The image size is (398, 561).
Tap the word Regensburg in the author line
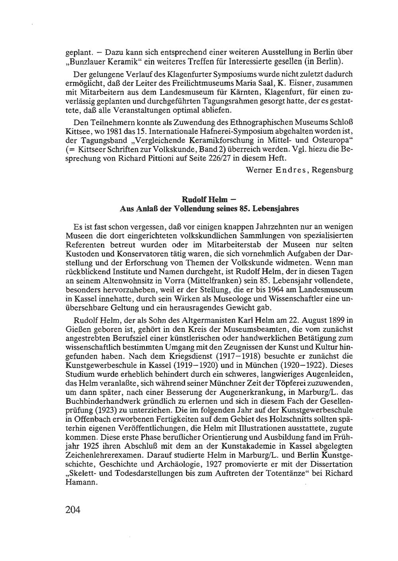pos(332,170)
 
